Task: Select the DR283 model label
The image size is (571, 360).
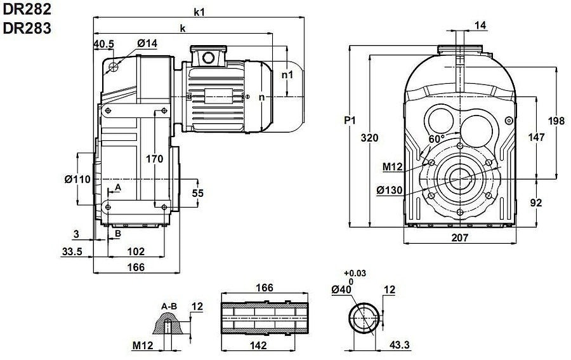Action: point(27,27)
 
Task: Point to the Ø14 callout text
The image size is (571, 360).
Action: point(147,43)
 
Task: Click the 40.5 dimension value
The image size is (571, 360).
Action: point(103,44)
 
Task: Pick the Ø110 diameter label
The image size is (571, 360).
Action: point(77,179)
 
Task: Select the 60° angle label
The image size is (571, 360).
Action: point(436,139)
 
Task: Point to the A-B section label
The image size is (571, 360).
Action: point(169,306)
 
